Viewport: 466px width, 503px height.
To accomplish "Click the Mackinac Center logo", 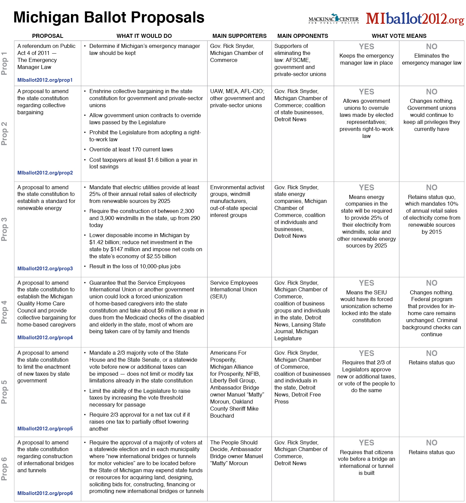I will (333, 19).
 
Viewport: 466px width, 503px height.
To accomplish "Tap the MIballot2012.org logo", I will (415, 19).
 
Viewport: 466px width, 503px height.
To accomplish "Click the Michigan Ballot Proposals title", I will (109, 17).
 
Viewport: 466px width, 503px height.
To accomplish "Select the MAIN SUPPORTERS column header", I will (239, 36).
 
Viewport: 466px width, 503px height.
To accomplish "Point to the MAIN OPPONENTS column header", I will (303, 36).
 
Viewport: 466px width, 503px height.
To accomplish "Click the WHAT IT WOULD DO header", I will (144, 36).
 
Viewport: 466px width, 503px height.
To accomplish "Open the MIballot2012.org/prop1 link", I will (45, 80).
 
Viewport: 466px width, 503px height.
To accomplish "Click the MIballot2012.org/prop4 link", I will (45, 338).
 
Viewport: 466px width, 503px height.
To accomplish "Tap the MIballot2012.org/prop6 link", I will (45, 493).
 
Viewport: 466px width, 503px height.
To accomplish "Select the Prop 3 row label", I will (4, 229).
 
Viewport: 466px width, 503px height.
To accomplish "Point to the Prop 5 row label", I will (4, 392).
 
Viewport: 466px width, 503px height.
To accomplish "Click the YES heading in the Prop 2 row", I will (366, 92).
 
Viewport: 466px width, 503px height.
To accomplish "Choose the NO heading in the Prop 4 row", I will (432, 283).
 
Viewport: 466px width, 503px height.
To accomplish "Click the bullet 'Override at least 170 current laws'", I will (131, 150).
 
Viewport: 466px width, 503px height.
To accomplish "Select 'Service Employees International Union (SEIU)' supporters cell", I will (234, 290).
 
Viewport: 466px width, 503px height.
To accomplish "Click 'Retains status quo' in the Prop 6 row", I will (432, 452).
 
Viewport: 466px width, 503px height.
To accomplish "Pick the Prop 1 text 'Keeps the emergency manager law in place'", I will (366, 59).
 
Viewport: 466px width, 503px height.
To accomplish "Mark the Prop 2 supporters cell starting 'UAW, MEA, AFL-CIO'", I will (237, 98).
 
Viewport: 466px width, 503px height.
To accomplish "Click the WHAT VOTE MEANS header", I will (399, 36).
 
